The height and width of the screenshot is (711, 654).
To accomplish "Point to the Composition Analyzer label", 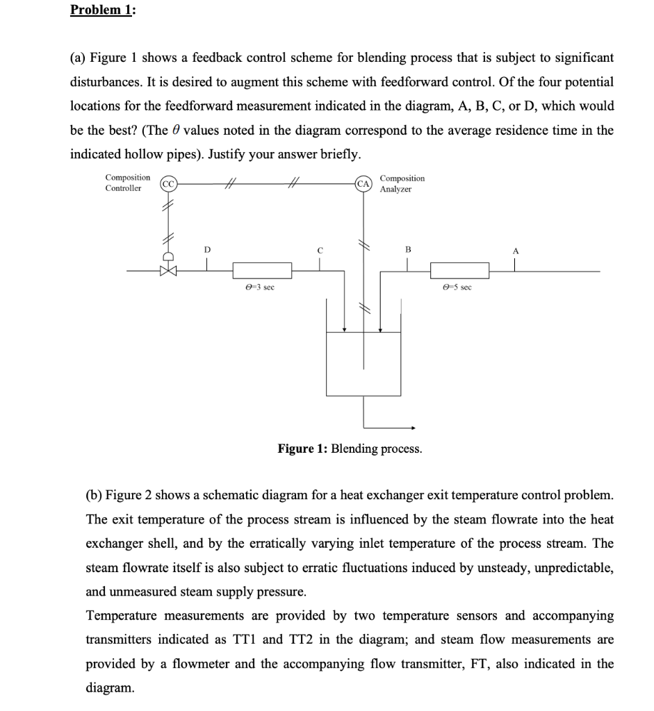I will (402, 183).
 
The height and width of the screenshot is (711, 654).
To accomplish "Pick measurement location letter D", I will (206, 249).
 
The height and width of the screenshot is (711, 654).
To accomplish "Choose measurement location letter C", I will (320, 249).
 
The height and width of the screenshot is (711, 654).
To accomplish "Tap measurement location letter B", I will (408, 249).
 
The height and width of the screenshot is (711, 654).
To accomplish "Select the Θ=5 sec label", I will (457, 286).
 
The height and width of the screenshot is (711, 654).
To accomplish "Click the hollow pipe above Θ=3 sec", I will (262, 270).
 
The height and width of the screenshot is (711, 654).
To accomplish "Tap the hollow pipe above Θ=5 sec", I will (459, 270).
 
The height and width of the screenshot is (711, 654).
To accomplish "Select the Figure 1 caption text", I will (349, 449).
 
